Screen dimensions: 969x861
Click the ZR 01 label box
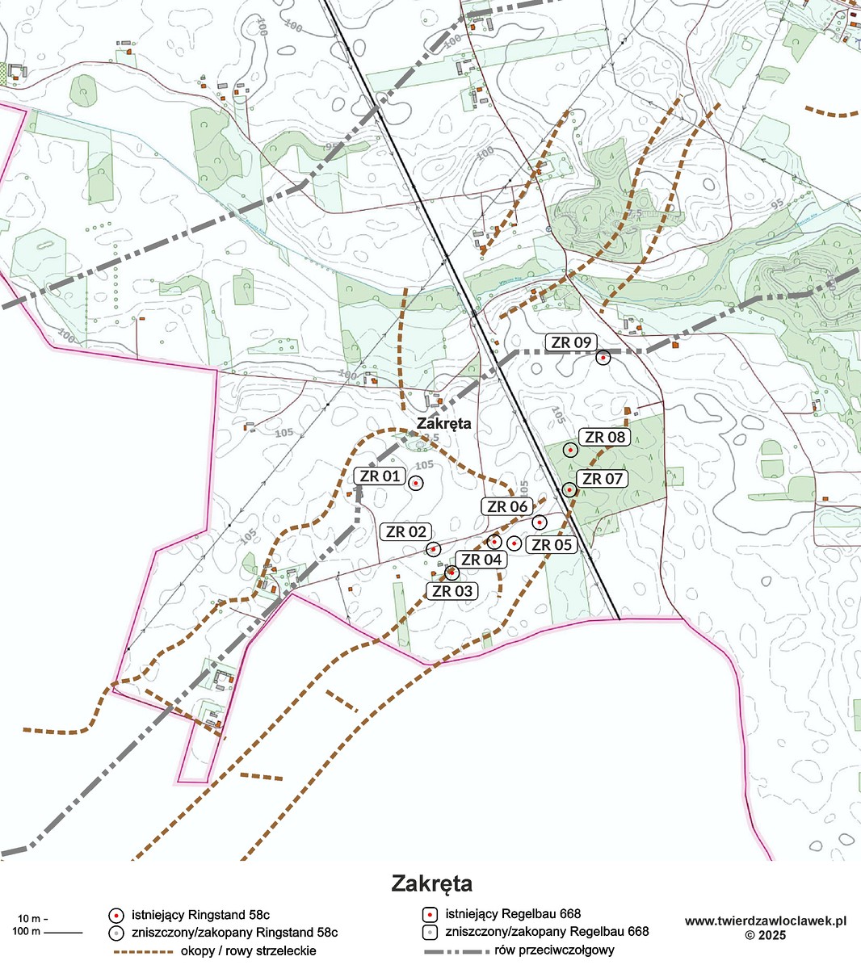pyautogui.click(x=380, y=476)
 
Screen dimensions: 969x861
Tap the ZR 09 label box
pyautogui.click(x=571, y=342)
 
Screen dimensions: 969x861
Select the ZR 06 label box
pyautogui.click(x=507, y=506)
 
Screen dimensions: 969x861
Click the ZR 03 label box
pyautogui.click(x=451, y=590)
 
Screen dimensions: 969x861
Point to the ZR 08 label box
pyautogui.click(x=605, y=437)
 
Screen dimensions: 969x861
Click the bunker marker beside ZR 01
pyautogui.click(x=416, y=483)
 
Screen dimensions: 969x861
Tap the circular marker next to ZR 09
pyautogui.click(x=603, y=358)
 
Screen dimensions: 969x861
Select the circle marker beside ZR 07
pyautogui.click(x=569, y=489)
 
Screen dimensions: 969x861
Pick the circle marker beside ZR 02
pyautogui.click(x=434, y=549)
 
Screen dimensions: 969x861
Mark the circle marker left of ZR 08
pyautogui.click(x=570, y=450)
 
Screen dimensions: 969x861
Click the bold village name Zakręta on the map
pyautogui.click(x=443, y=423)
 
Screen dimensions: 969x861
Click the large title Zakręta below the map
pyautogui.click(x=431, y=883)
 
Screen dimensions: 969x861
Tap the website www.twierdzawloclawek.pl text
pyautogui.click(x=765, y=921)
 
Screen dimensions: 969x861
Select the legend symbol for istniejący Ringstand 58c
pyautogui.click(x=116, y=916)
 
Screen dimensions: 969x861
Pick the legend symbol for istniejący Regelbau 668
pyautogui.click(x=430, y=915)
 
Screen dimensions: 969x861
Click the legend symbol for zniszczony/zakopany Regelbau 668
pyautogui.click(x=430, y=932)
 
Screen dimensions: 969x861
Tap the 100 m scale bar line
pyautogui.click(x=63, y=933)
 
